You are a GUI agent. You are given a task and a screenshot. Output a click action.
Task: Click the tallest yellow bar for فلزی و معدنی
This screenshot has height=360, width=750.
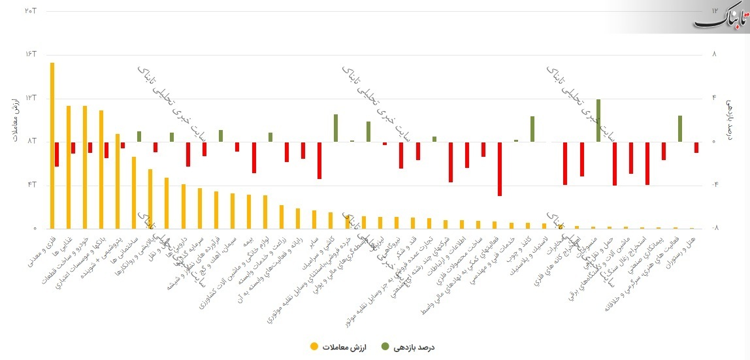(52, 146)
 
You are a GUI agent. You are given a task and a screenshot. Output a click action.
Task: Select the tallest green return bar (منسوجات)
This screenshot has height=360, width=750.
(598, 120)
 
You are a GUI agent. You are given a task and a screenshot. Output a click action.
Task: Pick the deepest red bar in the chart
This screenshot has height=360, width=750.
(500, 169)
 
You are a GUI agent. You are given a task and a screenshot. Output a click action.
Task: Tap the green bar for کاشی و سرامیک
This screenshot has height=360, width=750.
(336, 129)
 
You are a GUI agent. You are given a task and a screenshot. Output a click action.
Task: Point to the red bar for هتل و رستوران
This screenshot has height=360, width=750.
(696, 148)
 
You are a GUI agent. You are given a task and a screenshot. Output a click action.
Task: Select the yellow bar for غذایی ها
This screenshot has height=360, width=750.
(69, 167)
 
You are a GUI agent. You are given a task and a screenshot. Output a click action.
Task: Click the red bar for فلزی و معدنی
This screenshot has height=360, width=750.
(57, 154)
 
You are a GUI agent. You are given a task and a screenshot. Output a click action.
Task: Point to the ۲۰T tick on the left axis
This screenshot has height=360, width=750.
(30, 10)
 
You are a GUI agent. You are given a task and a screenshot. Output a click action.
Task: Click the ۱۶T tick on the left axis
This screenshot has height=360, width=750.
(30, 54)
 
